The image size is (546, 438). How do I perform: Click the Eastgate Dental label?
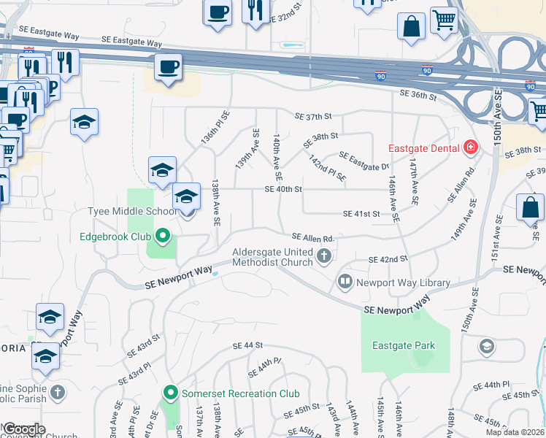coord(423,147)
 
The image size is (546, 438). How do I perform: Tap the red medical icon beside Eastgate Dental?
coord(472,147)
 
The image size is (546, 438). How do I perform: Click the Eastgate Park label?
coord(403,345)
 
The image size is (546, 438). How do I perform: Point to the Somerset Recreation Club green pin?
coord(171,393)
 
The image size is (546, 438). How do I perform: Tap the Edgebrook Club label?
coord(116,237)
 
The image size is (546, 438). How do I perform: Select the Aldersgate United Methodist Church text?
coord(272,257)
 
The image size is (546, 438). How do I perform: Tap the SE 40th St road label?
coord(283,189)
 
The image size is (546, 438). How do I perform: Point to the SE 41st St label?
coord(362,214)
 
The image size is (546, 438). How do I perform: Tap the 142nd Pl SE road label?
coord(326,167)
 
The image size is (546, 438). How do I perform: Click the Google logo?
coord(24,429)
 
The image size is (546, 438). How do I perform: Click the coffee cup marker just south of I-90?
coord(168,68)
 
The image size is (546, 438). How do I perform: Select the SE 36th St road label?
coord(418,95)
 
